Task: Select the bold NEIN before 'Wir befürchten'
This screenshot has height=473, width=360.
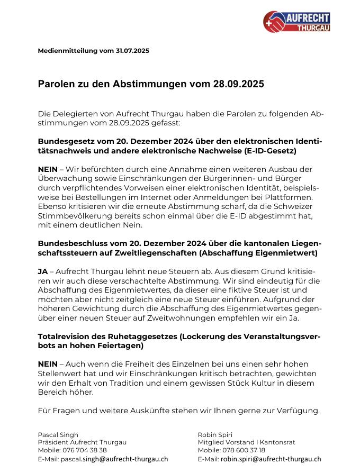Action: [48, 169]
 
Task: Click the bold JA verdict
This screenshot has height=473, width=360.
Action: [43, 271]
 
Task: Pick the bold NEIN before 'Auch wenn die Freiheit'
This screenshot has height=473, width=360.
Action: [48, 365]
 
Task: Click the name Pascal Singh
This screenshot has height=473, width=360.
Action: [58, 434]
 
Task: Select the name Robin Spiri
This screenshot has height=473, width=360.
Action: [214, 434]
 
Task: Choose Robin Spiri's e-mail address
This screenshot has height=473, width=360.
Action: [271, 459]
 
